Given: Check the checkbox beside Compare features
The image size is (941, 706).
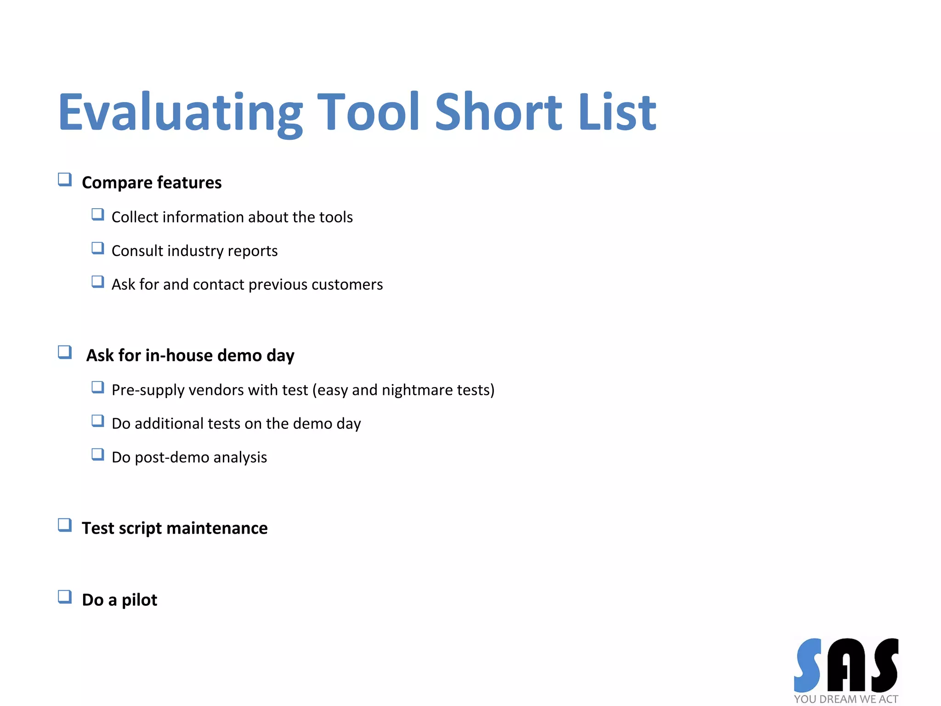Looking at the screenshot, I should (65, 179).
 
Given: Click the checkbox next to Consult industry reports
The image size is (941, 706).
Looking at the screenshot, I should (97, 248).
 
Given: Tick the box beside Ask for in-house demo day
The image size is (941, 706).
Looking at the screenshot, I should (65, 352).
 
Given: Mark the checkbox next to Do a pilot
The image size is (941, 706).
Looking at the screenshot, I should (65, 597).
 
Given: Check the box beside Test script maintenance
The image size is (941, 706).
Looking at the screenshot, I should (65, 525).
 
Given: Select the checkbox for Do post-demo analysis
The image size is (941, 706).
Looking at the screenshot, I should (97, 455).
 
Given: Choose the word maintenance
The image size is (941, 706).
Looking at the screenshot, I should (217, 528).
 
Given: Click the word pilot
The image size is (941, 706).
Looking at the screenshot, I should (139, 600).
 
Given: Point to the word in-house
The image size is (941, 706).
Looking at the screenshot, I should (179, 355).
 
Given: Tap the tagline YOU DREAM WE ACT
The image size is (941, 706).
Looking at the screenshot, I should (846, 699).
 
